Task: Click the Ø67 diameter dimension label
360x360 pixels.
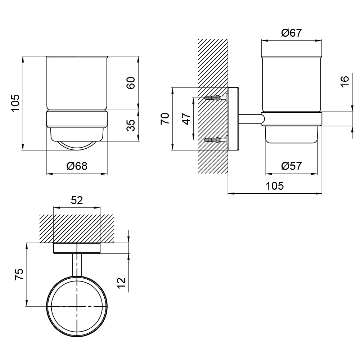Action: [291, 33]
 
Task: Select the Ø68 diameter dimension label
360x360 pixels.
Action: [77, 166]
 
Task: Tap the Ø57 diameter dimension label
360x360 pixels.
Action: [291, 166]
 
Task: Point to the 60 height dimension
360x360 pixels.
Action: [131, 83]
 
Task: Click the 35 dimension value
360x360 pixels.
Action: [131, 125]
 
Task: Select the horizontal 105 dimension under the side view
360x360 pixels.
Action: [275, 186]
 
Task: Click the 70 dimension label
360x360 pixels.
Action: [165, 119]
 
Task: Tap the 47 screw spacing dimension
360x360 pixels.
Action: [186, 119]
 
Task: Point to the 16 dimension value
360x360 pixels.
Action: [345, 81]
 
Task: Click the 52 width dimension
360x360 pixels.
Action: [77, 201]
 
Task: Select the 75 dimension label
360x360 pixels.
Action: [19, 274]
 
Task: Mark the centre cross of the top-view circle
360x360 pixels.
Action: [77, 306]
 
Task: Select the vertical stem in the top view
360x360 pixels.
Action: [77, 265]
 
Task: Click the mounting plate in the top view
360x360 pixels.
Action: [77, 248]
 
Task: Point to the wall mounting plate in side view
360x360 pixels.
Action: [234, 119]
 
